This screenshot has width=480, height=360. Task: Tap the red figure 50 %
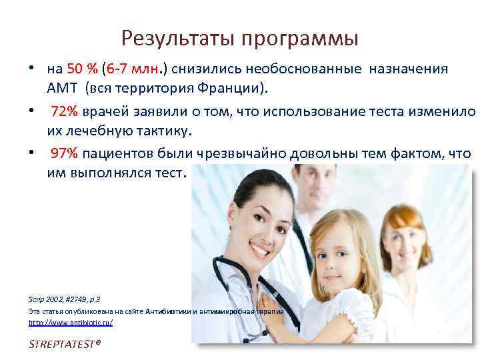click(x=83, y=69)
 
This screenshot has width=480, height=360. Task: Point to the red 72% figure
click(x=65, y=111)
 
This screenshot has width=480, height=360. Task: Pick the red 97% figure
click(x=65, y=153)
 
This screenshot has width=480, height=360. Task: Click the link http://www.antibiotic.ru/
click(x=71, y=322)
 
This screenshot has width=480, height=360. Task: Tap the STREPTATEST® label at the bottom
click(x=65, y=345)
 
